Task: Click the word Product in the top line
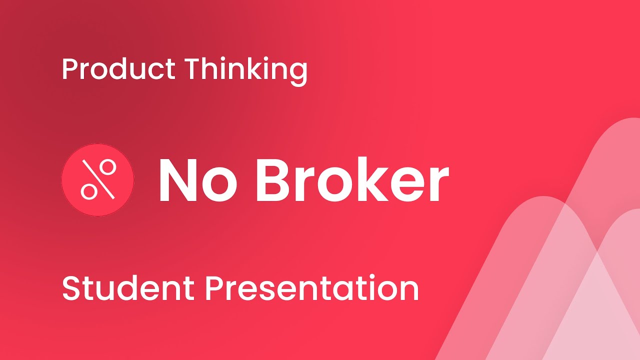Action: coord(118,69)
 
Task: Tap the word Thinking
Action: coord(245,69)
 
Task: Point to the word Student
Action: coord(128,288)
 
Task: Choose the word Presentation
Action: coord(312,288)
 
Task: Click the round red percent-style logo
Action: coord(98,180)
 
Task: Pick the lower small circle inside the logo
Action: coord(88,190)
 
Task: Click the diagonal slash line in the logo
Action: coord(98,179)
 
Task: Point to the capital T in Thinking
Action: coord(192,69)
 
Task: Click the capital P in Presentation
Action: coord(213,288)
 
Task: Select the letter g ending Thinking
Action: coord(298,72)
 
